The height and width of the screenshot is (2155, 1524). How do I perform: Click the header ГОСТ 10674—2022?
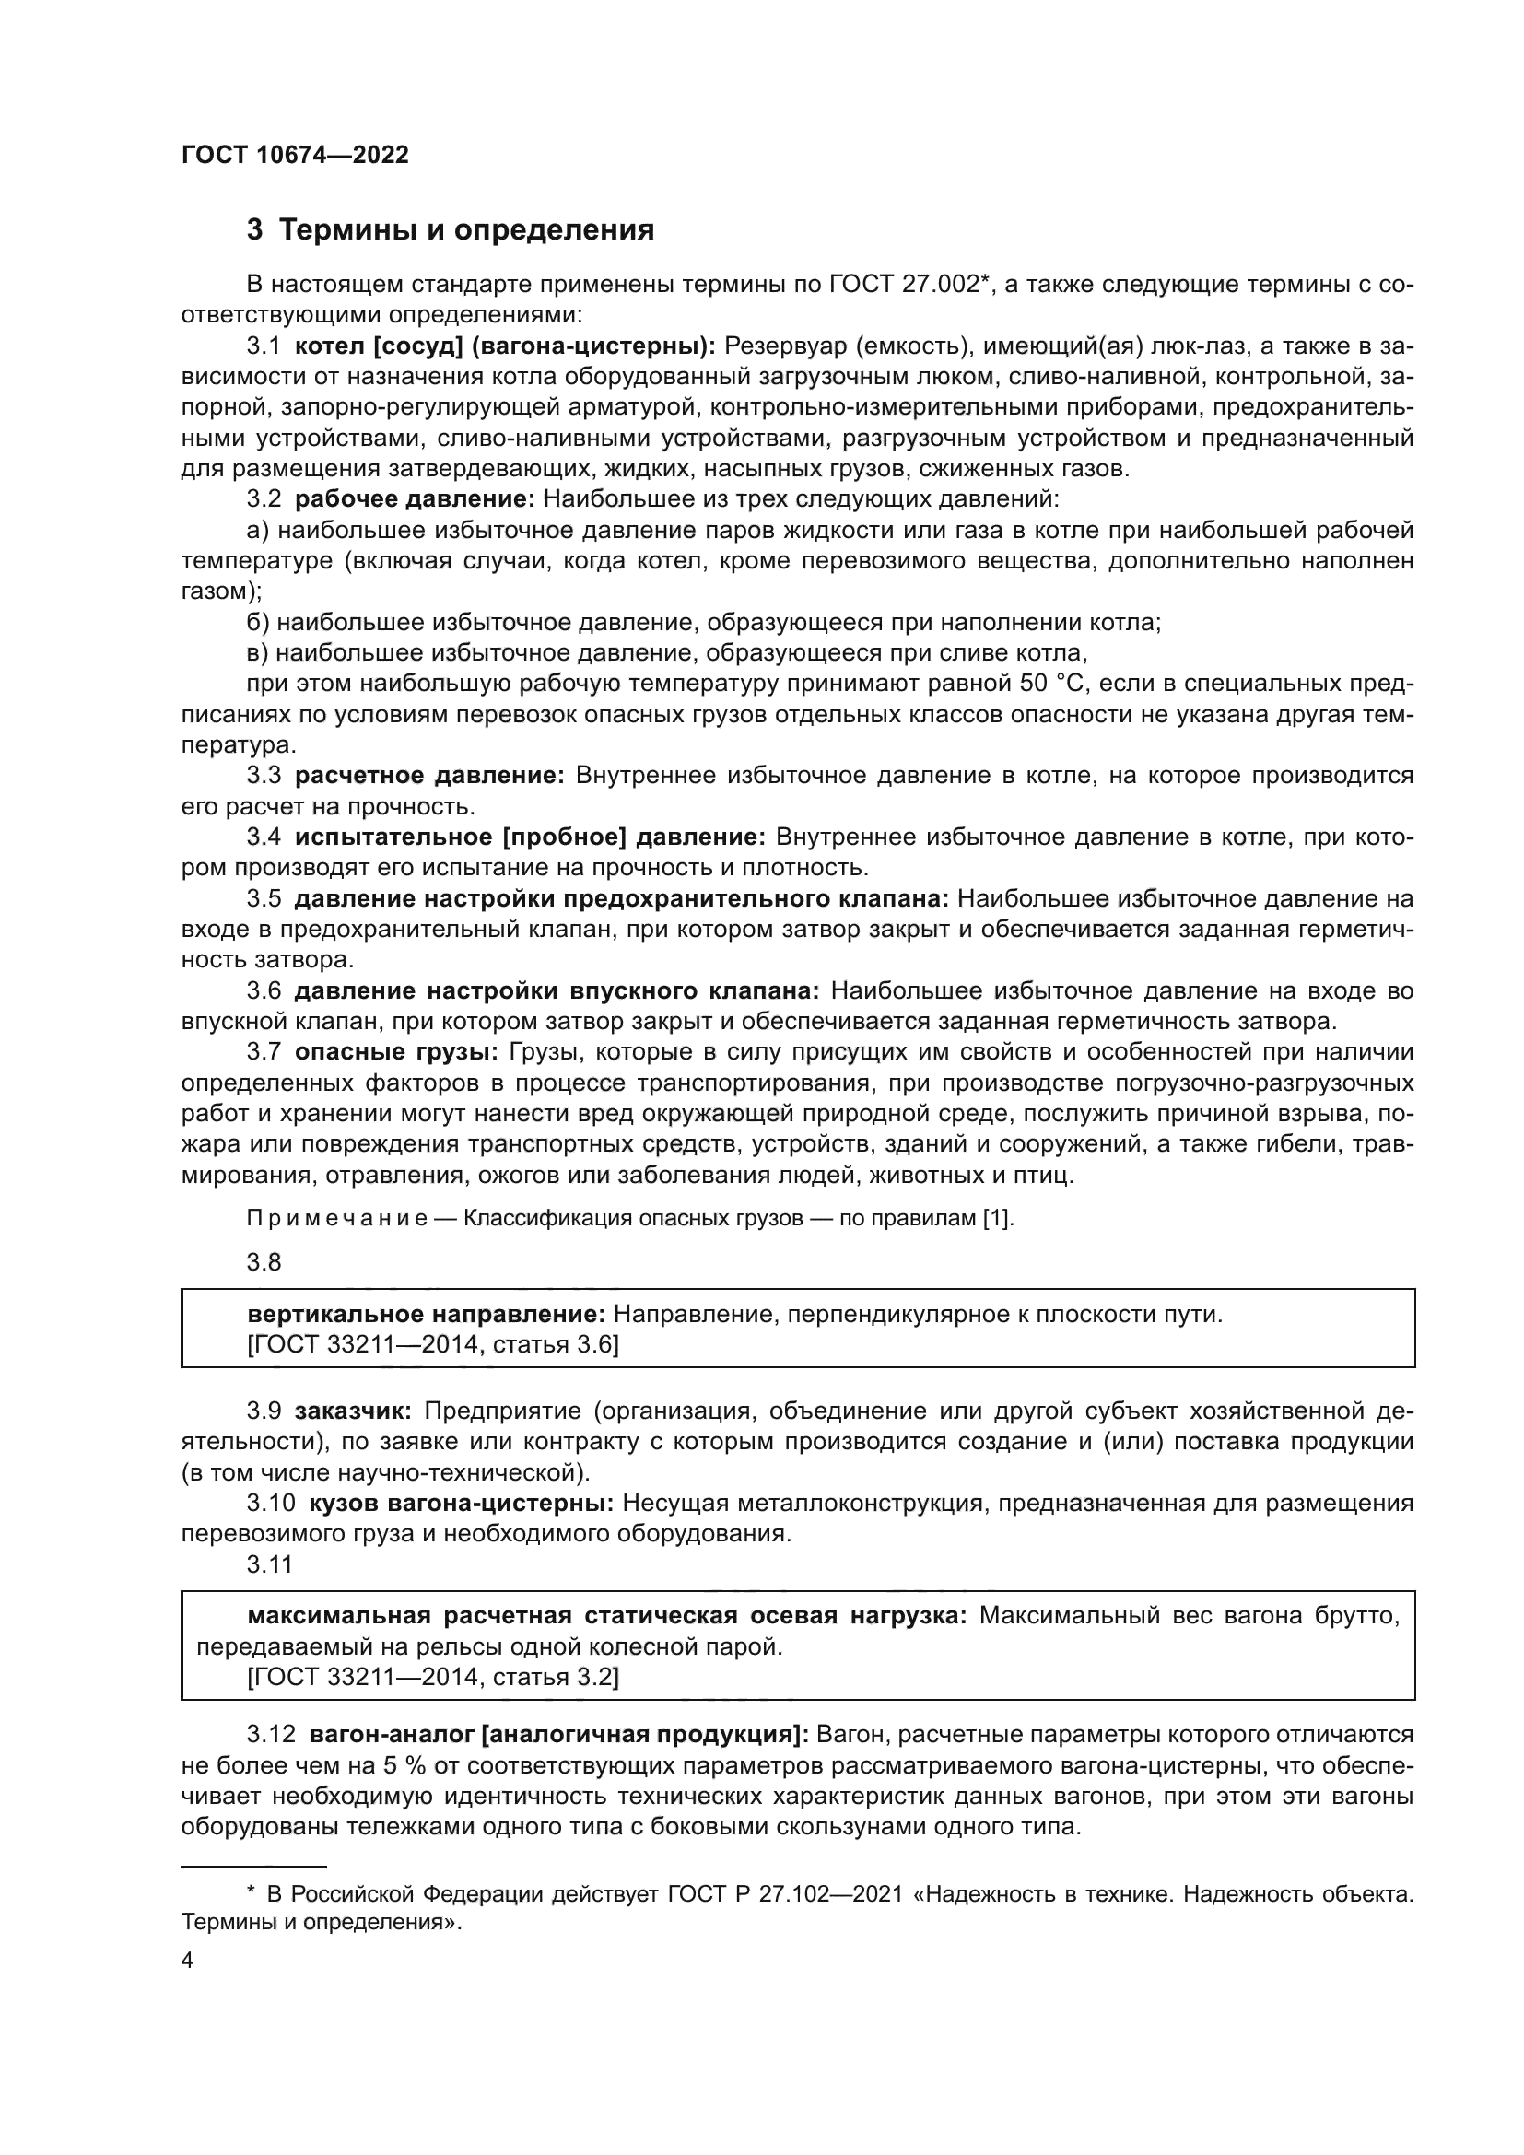pos(295,156)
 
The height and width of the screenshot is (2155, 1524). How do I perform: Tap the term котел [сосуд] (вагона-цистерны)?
pos(505,346)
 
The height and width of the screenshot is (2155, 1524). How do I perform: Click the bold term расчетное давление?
pos(428,775)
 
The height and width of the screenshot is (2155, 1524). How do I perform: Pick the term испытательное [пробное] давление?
pos(530,837)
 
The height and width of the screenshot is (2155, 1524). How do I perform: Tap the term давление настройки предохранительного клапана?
pos(621,899)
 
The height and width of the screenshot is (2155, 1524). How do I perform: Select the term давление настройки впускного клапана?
pos(557,991)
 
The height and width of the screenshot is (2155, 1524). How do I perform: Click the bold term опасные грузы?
pos(401,1052)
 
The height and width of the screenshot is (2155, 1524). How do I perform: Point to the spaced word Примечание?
pos(337,1218)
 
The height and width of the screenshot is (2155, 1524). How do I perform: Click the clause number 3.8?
pos(264,1262)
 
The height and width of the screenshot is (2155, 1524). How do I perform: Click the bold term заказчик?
pos(353,1411)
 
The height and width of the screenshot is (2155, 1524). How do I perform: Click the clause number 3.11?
pos(269,1564)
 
